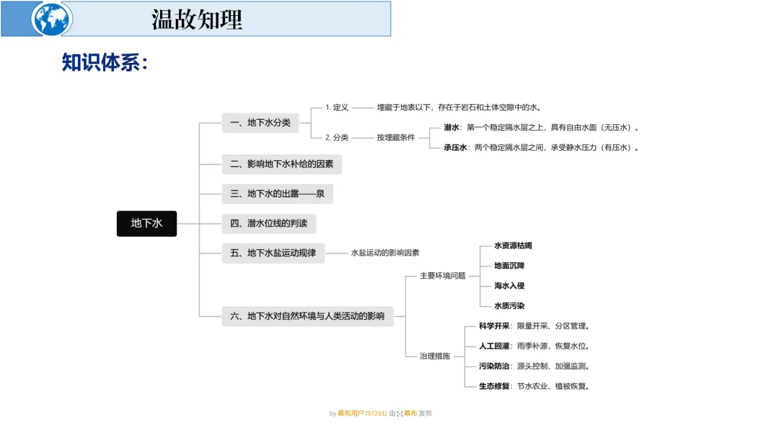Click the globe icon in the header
52,19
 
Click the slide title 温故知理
196,19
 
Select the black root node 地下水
146,223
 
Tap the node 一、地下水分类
260,123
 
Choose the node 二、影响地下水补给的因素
281,164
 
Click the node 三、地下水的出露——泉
277,194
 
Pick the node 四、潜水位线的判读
268,223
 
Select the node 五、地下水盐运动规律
273,253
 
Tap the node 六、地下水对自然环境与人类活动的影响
307,316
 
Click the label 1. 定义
337,108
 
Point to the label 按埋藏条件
395,137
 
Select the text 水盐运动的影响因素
385,253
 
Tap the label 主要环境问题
443,276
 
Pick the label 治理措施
435,356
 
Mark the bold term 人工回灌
494,346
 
